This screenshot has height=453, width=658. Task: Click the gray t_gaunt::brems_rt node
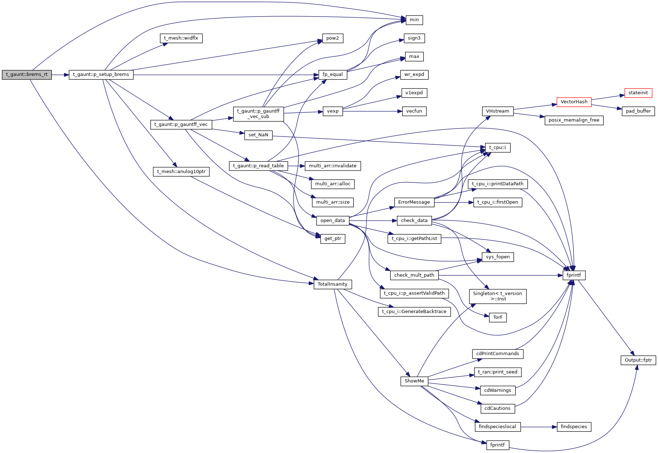pyautogui.click(x=27, y=75)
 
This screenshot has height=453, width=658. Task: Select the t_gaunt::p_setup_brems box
pyautogui.click(x=101, y=75)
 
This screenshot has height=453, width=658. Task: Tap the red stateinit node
pyautogui.click(x=638, y=93)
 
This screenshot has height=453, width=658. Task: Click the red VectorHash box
pyautogui.click(x=574, y=102)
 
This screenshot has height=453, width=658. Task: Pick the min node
pyautogui.click(x=414, y=20)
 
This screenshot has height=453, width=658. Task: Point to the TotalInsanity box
pyautogui.click(x=332, y=284)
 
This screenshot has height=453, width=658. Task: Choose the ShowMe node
pyautogui.click(x=414, y=381)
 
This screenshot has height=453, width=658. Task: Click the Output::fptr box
pyautogui.click(x=638, y=360)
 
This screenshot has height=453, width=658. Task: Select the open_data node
pyautogui.click(x=332, y=221)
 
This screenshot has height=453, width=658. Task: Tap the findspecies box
pyautogui.click(x=573, y=427)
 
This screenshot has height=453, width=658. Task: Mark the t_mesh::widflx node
pyautogui.click(x=181, y=38)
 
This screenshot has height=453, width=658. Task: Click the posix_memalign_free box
pyautogui.click(x=574, y=120)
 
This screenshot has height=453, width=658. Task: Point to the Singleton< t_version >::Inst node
pyautogui.click(x=498, y=296)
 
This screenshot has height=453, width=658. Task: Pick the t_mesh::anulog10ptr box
pyautogui.click(x=181, y=172)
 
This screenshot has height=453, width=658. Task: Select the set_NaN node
pyautogui.click(x=258, y=135)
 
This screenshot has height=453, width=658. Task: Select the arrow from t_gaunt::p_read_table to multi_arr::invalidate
pyautogui.click(x=296, y=166)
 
